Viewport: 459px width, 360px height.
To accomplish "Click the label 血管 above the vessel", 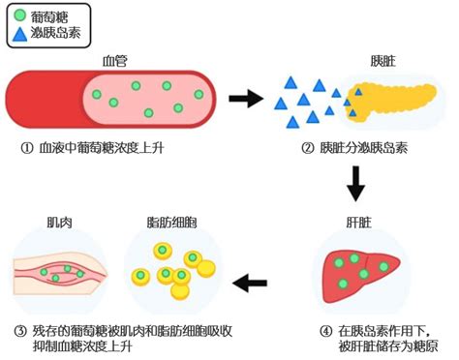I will (116, 60).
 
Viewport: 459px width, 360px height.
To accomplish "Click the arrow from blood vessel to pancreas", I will (245, 98).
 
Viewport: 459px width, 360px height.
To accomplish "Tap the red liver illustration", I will (354, 274).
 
